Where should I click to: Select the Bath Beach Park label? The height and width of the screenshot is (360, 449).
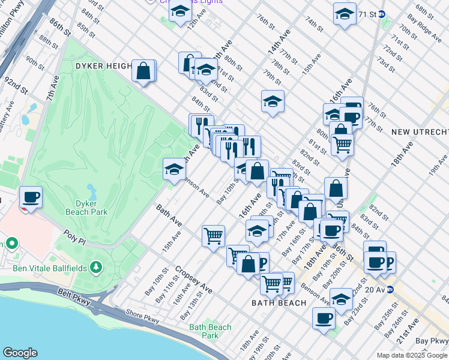[210, 331]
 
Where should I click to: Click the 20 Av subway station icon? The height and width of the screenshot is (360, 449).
[390, 289]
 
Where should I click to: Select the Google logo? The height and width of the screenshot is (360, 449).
[20, 353]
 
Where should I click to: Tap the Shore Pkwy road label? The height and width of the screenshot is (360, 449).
[142, 317]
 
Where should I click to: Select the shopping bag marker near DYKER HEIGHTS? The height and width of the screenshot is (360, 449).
[144, 70]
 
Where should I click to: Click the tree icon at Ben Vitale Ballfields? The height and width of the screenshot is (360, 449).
[94, 267]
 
